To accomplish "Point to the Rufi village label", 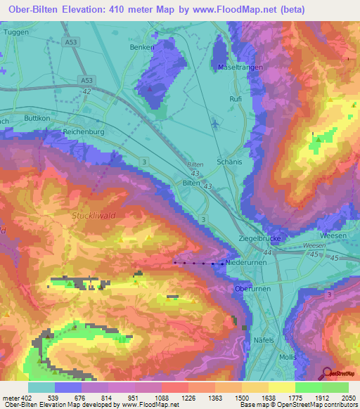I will pyautogui.click(x=236, y=99).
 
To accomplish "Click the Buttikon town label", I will pyautogui.click(x=38, y=119).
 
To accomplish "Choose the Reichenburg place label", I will pyautogui.click(x=84, y=132).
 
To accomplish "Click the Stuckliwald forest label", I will pyautogui.click(x=96, y=216).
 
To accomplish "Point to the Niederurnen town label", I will pyautogui.click(x=245, y=263).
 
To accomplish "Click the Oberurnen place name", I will pyautogui.click(x=252, y=288).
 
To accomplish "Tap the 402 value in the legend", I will pyautogui.click(x=28, y=398).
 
